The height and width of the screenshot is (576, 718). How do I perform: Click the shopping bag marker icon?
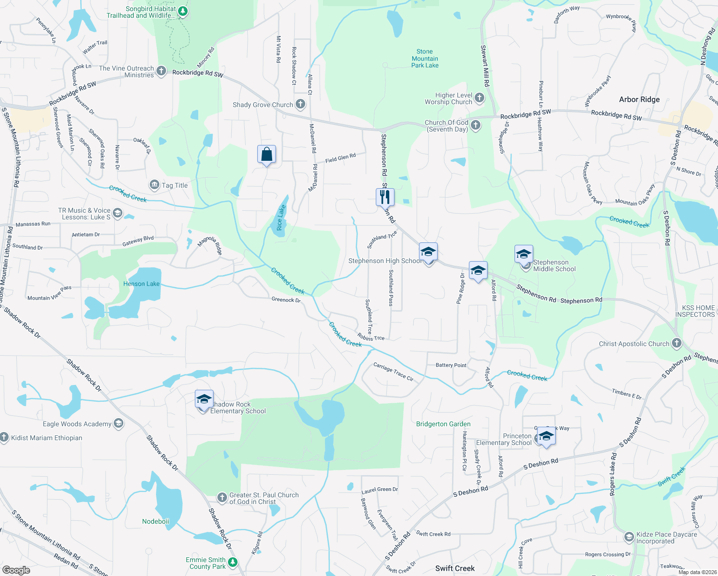click(x=266, y=155)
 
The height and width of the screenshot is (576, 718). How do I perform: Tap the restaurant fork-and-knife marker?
click(x=385, y=197)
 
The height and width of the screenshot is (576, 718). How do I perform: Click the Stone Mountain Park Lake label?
click(x=425, y=59)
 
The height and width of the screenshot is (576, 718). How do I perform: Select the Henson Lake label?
click(x=141, y=284)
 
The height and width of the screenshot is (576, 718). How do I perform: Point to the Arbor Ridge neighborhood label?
click(x=639, y=99)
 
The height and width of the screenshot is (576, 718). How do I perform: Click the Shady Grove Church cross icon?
click(x=300, y=104)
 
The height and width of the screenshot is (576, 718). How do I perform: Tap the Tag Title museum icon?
click(x=155, y=185)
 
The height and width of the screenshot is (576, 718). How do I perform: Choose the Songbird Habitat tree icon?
click(x=182, y=11)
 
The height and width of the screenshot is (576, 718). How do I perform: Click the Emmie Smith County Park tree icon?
click(x=233, y=562)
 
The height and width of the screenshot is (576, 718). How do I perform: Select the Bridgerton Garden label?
click(x=443, y=424)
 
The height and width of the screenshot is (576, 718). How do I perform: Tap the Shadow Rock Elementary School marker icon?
click(x=204, y=399)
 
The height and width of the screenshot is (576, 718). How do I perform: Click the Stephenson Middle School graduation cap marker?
click(x=524, y=253)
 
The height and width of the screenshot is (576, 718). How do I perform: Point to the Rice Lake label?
click(x=281, y=218)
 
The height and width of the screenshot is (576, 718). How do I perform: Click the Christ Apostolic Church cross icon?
click(x=676, y=343)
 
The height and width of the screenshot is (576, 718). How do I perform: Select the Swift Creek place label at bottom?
click(x=455, y=568)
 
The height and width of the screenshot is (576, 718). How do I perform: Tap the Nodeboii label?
click(x=156, y=521)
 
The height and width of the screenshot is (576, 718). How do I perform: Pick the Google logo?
click(x=16, y=570)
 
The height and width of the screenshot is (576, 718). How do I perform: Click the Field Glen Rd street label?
click(x=340, y=158)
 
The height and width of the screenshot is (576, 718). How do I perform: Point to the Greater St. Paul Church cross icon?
click(x=222, y=497)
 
